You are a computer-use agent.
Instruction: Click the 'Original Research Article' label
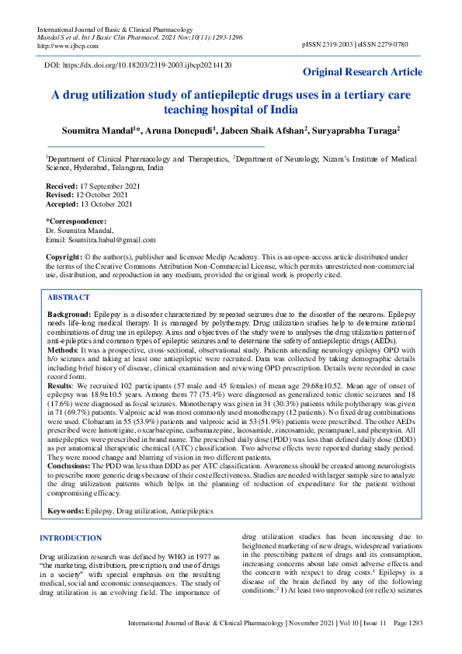click(x=363, y=72)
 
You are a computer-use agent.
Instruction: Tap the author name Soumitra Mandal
click(x=99, y=130)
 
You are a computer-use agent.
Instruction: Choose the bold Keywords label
click(x=67, y=512)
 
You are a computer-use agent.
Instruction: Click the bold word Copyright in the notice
click(x=64, y=256)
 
